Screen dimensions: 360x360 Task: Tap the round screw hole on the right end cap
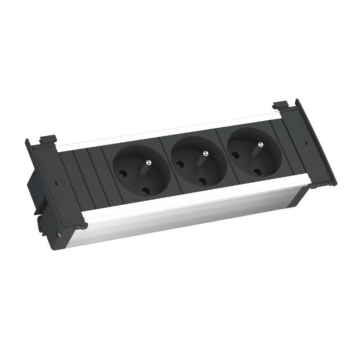coord(301,141)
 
